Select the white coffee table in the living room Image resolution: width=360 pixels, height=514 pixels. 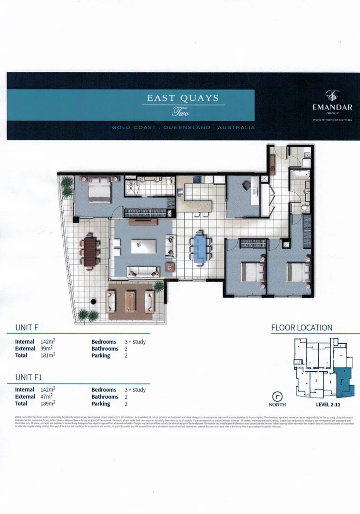click(x=143, y=246)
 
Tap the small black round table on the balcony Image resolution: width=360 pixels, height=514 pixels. click(x=94, y=301)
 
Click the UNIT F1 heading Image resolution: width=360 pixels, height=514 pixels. click(x=29, y=377)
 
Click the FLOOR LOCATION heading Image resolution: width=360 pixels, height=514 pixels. click(x=302, y=328)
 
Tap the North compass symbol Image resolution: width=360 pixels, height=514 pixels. click(x=277, y=396)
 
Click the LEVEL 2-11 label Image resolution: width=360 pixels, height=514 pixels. click(x=331, y=405)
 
